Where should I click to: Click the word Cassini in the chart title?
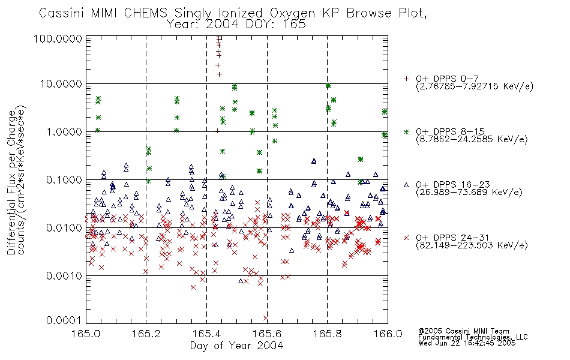(x=62, y=13)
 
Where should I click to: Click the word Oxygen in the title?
(x=293, y=13)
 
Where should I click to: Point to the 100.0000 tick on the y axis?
(x=58, y=38)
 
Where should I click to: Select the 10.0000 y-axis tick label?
(x=61, y=83)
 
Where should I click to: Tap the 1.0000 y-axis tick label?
(x=64, y=131)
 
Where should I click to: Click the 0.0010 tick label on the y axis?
(x=64, y=275)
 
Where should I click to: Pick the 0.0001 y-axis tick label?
(x=64, y=320)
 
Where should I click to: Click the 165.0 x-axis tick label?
(x=86, y=334)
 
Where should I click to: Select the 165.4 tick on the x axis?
(x=207, y=334)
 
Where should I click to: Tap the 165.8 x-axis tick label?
(x=328, y=334)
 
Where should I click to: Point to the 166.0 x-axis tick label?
(x=388, y=334)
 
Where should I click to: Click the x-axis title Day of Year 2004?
(x=236, y=346)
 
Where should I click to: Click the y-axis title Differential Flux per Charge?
(x=12, y=182)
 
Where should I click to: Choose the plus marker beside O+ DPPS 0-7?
(x=406, y=79)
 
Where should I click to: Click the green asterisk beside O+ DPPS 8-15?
(x=406, y=131)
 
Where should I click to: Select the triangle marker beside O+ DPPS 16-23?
(x=406, y=185)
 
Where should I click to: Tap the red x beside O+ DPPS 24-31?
(x=406, y=238)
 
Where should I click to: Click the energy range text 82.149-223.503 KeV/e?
(x=472, y=245)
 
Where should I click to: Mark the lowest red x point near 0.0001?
(x=265, y=318)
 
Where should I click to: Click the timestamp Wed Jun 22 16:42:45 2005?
(x=467, y=343)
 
